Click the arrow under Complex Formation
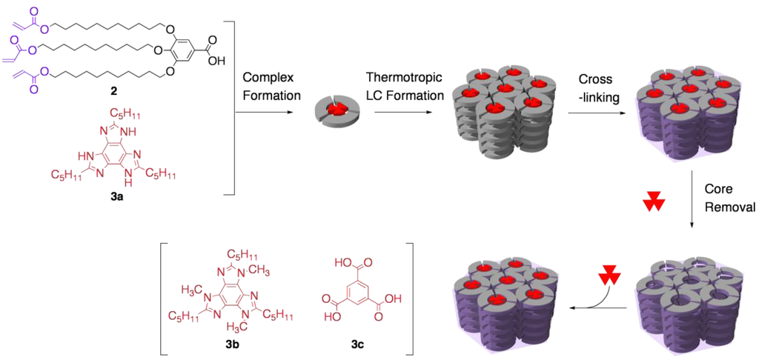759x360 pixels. tap(267, 113)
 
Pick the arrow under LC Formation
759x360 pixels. tap(403, 113)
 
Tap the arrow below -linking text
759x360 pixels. tap(597, 113)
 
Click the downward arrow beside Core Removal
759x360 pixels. tap(691, 200)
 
